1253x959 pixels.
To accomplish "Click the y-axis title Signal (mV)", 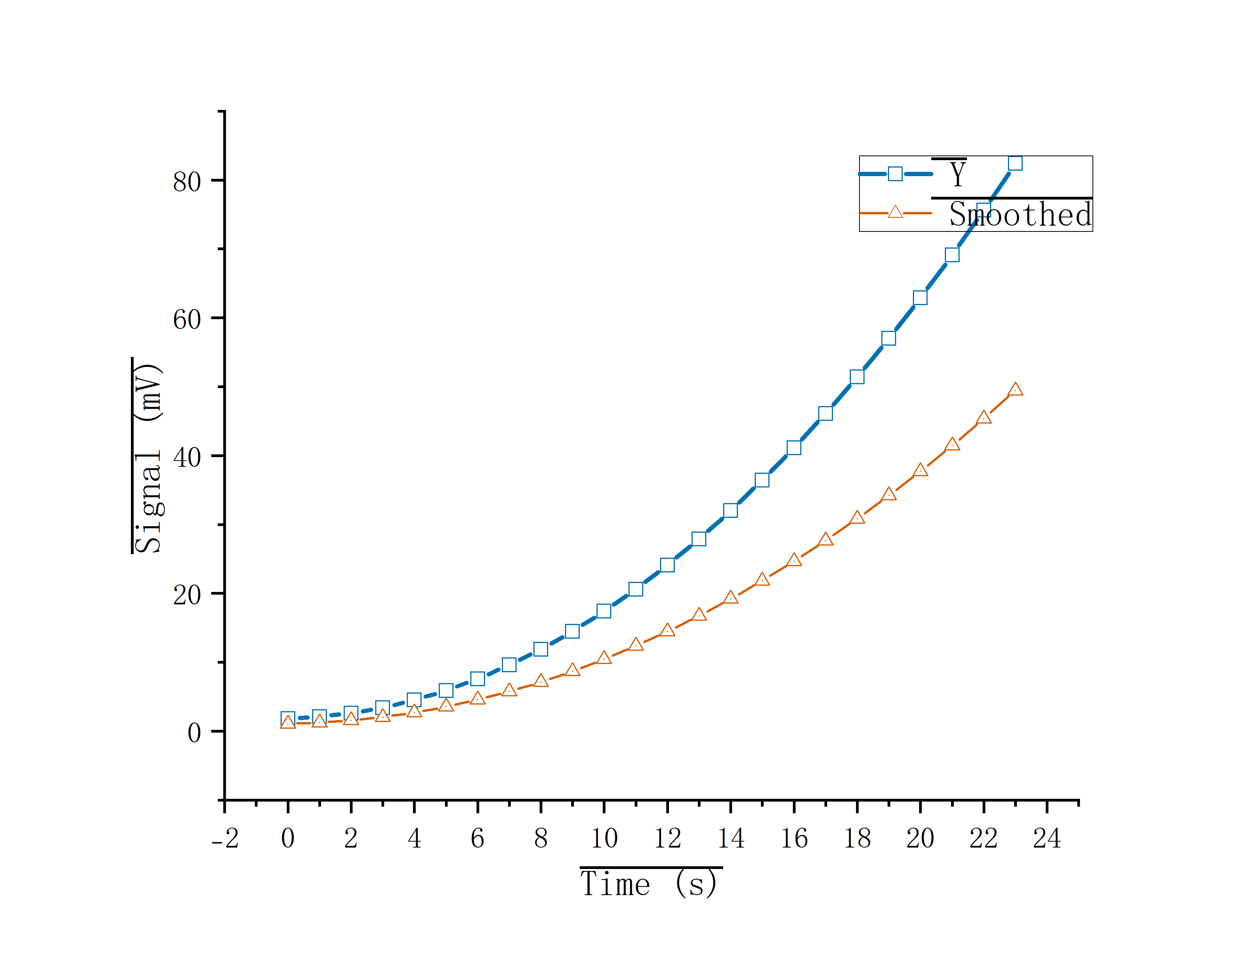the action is (x=148, y=457).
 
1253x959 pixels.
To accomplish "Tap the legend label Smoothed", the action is (x=1020, y=215).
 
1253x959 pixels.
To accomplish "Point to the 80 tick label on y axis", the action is (x=187, y=182).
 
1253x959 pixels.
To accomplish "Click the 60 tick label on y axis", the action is (x=187, y=319).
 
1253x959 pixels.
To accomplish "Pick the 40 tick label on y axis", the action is (x=187, y=457).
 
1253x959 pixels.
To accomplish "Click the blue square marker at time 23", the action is (x=1015, y=163).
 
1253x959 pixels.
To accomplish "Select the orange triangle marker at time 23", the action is (x=1015, y=389).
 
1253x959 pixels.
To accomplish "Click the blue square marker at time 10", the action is (x=604, y=611).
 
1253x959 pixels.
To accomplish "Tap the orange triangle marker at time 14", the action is (x=731, y=597).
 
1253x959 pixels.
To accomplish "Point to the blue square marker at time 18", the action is (x=857, y=377).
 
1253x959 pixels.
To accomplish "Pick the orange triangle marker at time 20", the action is (x=920, y=470).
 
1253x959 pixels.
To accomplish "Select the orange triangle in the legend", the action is (x=895, y=212).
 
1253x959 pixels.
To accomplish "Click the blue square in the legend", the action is (x=895, y=173).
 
